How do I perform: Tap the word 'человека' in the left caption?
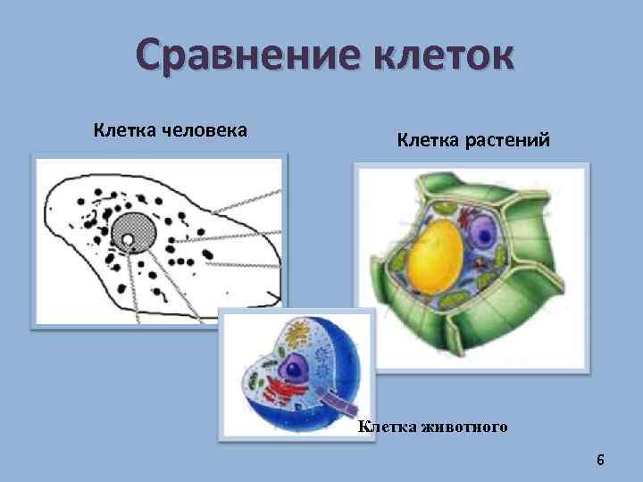click(x=206, y=130)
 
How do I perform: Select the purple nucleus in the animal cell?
click(x=292, y=368)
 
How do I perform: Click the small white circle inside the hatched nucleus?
click(x=128, y=239)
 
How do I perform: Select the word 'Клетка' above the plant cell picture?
click(x=427, y=140)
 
